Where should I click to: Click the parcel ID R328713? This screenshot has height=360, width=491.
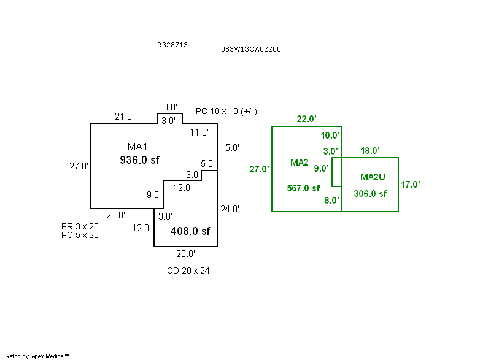(x=172, y=45)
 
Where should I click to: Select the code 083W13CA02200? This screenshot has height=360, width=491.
(x=251, y=49)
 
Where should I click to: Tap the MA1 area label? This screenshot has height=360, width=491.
(x=137, y=147)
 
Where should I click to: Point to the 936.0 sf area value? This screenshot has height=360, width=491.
(x=139, y=160)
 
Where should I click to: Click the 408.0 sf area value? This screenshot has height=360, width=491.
(x=190, y=231)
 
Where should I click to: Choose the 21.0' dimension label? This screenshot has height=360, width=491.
(x=124, y=117)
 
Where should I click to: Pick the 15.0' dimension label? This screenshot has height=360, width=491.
(x=230, y=148)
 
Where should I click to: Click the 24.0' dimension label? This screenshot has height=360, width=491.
(x=230, y=209)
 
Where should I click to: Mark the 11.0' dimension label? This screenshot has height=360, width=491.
(x=199, y=132)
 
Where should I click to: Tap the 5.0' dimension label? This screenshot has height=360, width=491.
(x=207, y=164)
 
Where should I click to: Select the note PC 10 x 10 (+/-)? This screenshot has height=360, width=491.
(x=226, y=112)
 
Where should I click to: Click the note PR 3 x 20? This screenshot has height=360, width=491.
(x=80, y=226)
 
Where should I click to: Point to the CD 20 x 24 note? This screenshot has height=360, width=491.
(x=188, y=270)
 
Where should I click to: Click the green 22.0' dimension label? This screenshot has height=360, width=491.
(x=306, y=119)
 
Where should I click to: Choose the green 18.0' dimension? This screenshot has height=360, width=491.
(x=370, y=151)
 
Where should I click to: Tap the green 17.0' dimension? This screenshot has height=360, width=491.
(x=411, y=184)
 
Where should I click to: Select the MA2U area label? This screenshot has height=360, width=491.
(x=373, y=177)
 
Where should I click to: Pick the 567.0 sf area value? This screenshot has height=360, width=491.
(x=303, y=188)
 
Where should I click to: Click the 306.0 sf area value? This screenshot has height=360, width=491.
(x=371, y=194)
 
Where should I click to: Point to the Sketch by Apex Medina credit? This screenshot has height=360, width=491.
(x=36, y=356)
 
